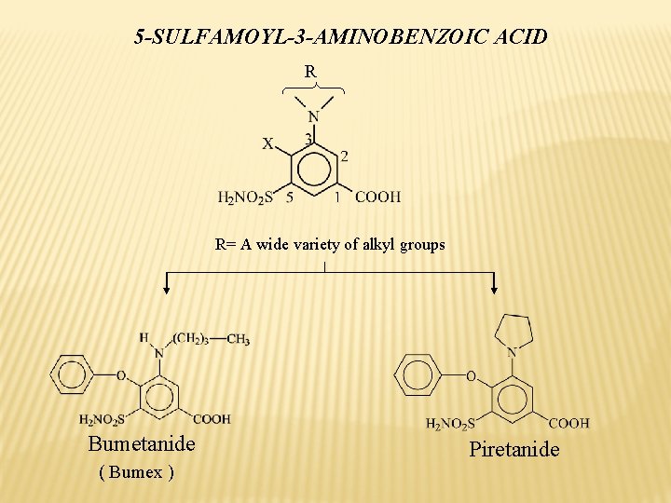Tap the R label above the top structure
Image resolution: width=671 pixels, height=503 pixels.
pos(310,71)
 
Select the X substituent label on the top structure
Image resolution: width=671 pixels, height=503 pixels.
pos(267,144)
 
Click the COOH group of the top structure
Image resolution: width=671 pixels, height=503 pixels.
pos(377,197)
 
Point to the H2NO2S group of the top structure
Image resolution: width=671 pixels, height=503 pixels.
pos(245,197)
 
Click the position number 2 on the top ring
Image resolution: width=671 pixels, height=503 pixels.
pos(345,156)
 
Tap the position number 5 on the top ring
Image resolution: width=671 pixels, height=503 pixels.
pos(290,197)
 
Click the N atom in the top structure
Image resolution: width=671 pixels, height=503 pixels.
pos(313,116)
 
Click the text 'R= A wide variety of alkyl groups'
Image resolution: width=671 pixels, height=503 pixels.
pos(330,245)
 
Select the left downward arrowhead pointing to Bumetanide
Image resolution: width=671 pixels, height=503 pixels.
pos(167,290)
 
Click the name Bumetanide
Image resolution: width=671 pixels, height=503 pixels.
pos(142,443)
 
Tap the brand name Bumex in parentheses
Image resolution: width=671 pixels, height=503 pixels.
pos(136,471)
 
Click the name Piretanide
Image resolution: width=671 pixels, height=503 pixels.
pos(514,450)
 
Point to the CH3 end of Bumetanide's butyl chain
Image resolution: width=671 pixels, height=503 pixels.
pos(238,340)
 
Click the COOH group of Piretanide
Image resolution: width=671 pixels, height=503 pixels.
pos(568,423)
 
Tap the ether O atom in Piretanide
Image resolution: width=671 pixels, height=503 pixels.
pos(470,376)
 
